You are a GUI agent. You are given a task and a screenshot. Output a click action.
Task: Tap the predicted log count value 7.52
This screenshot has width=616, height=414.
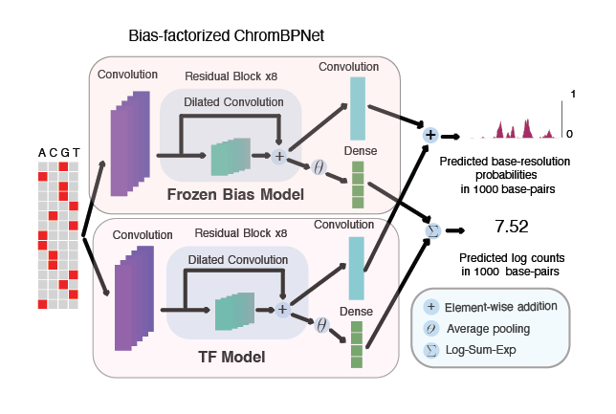512,227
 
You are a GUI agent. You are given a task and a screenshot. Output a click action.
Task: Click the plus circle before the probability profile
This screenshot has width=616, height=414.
430,136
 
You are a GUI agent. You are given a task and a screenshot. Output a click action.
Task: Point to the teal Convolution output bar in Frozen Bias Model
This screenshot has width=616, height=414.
358,108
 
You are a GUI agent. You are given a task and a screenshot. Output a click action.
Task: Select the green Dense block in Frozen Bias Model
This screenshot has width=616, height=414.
358,185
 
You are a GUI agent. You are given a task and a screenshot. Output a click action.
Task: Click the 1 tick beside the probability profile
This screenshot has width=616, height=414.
572,94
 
